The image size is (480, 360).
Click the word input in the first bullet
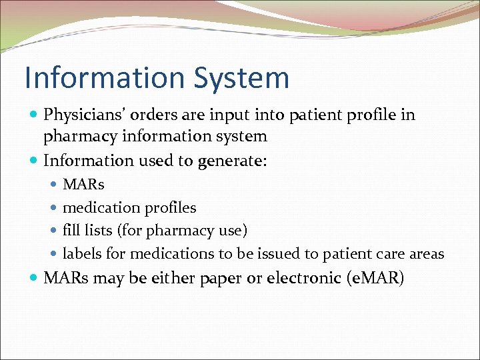point(212,115)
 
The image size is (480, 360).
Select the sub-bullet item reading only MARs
point(83,184)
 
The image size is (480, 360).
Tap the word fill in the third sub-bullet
point(71,231)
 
